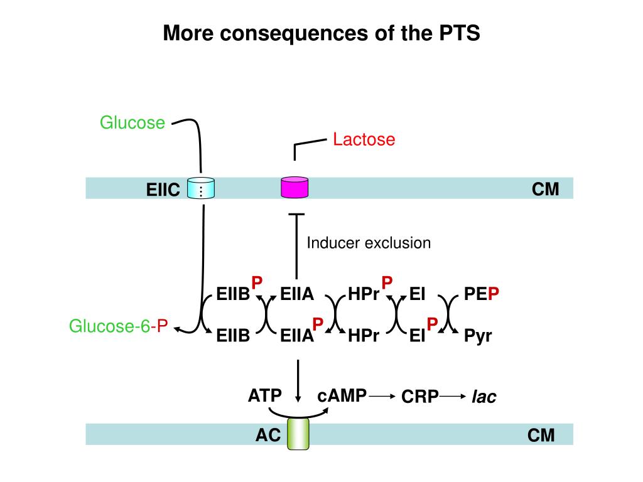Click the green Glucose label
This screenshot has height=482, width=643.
coord(132,122)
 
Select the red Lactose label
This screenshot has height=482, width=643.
coord(364,139)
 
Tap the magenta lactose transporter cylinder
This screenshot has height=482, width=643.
coord(294,188)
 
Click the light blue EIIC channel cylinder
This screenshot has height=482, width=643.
coord(201,188)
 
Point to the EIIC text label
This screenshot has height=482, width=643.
coord(163,189)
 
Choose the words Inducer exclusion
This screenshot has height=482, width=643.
coord(369,243)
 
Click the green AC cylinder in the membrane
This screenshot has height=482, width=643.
coord(298,434)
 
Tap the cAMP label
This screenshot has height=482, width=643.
coord(342,395)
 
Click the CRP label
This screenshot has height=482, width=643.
coord(420,397)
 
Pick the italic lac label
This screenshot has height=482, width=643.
coord(484,397)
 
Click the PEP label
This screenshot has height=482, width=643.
coord(481,294)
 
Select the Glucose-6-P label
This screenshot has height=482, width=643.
coord(118,326)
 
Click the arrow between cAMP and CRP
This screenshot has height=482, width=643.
coord(384,397)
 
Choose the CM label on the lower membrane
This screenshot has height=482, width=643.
coord(541,435)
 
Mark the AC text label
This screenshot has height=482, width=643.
coord(267,435)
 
